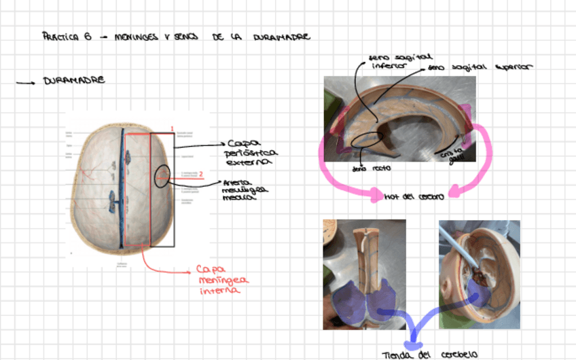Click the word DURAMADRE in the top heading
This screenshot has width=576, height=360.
click(282, 37)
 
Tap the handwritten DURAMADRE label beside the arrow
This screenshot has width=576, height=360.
click(74, 80)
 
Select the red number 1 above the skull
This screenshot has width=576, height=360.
click(173, 128)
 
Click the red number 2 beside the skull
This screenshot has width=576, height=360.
click(201, 175)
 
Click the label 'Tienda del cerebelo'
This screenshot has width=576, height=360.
click(430, 354)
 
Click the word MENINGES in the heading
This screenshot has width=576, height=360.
click(134, 37)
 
